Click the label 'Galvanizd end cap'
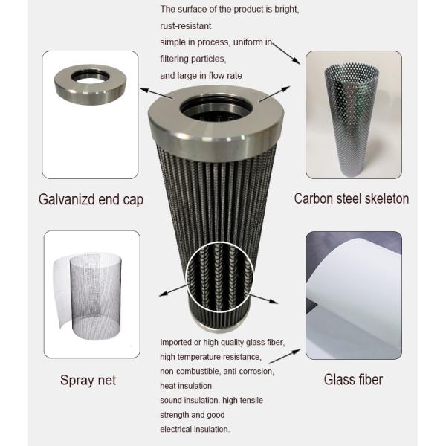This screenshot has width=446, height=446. pyautogui.click(x=91, y=199)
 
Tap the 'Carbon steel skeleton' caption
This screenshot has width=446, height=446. pyautogui.click(x=352, y=198)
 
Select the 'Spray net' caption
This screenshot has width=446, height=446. pyautogui.click(x=88, y=380)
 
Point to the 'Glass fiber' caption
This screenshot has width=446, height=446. pyautogui.click(x=353, y=379)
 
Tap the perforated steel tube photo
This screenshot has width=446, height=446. pyautogui.click(x=352, y=120)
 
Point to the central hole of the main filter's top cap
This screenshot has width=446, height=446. pyautogui.click(x=216, y=108)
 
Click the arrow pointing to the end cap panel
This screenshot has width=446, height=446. pyautogui.click(x=156, y=94)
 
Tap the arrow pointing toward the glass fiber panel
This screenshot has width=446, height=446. pyautogui.click(x=285, y=356)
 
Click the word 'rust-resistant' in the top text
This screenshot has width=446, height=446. pyautogui.click(x=185, y=26)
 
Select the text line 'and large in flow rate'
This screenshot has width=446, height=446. pyautogui.click(x=201, y=76)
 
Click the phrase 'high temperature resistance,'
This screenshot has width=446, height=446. pyautogui.click(x=210, y=357)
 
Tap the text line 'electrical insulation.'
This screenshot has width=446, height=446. pyautogui.click(x=195, y=429)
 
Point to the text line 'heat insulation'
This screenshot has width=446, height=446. pyautogui.click(x=186, y=386)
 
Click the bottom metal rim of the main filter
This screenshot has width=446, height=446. pyautogui.click(x=218, y=326)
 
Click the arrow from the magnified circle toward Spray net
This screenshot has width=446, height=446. pyautogui.click(x=175, y=290)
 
